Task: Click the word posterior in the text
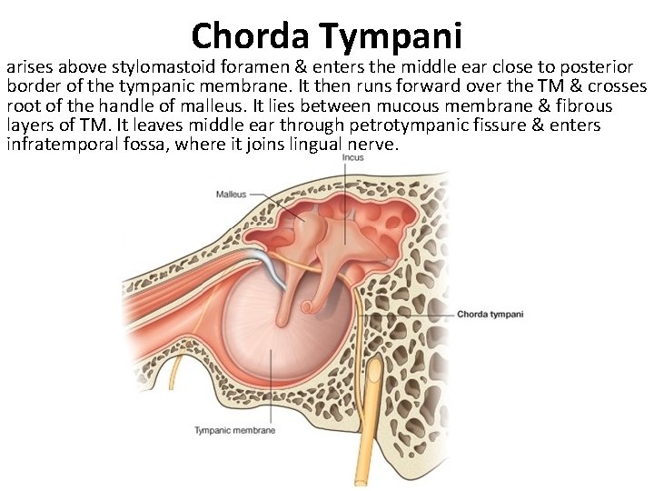point(595,68)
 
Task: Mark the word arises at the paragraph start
point(29,68)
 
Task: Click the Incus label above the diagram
point(352,159)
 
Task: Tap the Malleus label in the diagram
point(231,194)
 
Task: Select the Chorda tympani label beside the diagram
point(490,315)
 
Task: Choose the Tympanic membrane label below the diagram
point(234,430)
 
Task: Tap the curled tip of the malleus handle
point(309,306)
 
